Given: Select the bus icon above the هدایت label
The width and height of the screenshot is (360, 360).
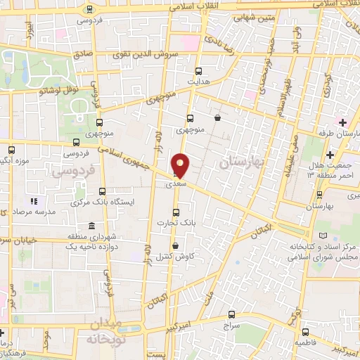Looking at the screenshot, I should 199,71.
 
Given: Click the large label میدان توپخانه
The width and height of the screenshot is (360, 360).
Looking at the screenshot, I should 113,331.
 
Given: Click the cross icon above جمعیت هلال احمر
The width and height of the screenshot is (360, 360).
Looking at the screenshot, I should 329,155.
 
